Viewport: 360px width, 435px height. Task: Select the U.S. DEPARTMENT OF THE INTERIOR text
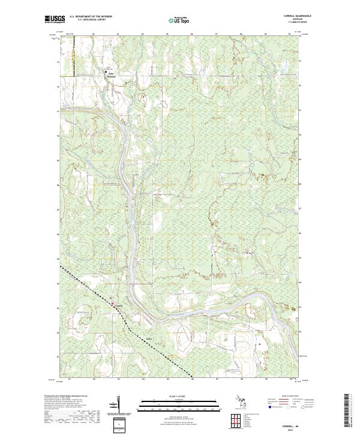tap(91, 17)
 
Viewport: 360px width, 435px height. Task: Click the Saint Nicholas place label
tap(112, 76)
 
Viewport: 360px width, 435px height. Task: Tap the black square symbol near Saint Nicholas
tap(106, 71)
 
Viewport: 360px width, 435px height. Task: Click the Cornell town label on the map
tap(119, 305)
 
